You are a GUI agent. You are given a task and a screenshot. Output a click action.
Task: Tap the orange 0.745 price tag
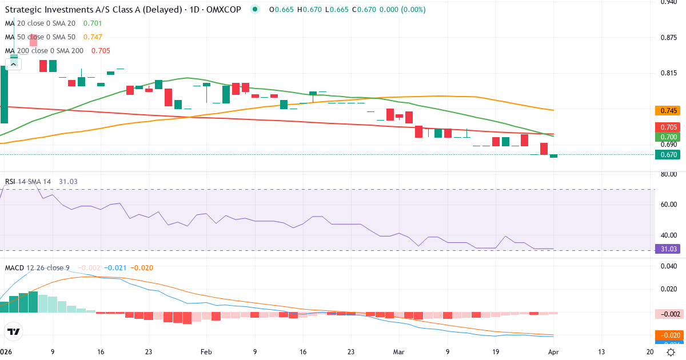[667, 110]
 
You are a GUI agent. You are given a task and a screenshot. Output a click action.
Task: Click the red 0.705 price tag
[667, 127]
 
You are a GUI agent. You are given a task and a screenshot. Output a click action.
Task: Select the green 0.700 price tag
[667, 137]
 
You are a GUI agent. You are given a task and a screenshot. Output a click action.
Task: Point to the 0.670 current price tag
[667, 154]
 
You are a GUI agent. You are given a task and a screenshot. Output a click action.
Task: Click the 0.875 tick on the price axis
[668, 38]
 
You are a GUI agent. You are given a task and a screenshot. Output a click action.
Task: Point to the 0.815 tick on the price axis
[668, 73]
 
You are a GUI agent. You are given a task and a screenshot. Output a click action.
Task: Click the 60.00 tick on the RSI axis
[668, 205]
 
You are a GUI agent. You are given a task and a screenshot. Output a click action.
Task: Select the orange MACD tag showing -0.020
[667, 335]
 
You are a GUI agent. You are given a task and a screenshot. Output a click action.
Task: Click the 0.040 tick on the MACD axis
[668, 266]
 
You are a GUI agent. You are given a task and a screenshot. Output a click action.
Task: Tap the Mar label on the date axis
[400, 352]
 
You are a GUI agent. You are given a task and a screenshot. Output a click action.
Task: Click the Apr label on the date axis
[553, 352]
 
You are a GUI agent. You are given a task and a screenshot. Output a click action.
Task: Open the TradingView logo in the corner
[14, 331]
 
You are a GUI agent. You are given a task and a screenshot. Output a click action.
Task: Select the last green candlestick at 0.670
[553, 156]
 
